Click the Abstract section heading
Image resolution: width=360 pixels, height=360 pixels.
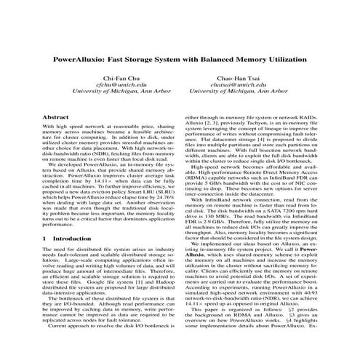pos(56,116)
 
